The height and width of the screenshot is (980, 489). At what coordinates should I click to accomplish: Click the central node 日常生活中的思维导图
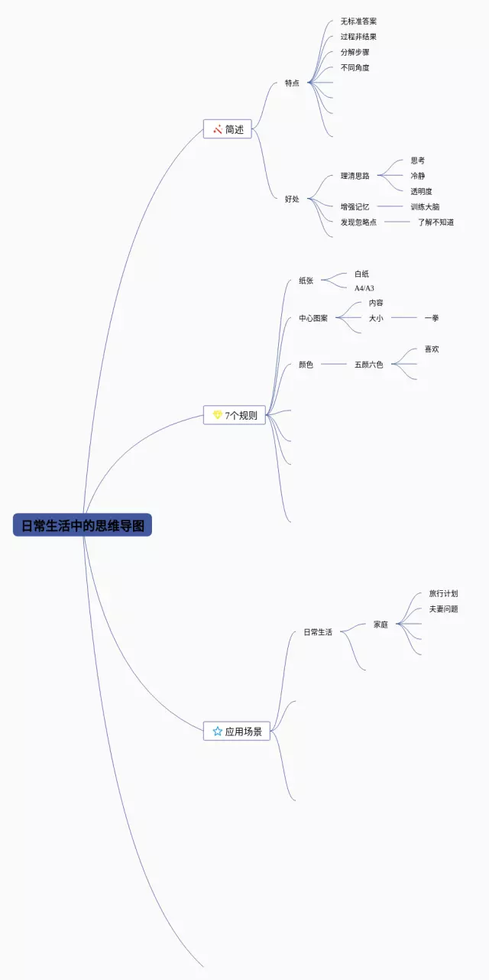click(83, 525)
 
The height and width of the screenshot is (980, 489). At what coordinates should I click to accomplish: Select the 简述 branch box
click(228, 129)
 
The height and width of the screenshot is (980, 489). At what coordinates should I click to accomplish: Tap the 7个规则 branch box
click(235, 416)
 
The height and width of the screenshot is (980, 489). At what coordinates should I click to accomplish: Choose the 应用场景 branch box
click(237, 732)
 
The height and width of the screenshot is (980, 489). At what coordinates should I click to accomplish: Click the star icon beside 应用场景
click(217, 732)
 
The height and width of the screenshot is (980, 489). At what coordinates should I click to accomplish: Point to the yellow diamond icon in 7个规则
click(217, 415)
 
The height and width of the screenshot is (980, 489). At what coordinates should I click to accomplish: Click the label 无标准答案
click(358, 21)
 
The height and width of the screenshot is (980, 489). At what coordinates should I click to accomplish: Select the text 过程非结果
click(358, 37)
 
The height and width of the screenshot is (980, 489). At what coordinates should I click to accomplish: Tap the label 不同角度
click(355, 68)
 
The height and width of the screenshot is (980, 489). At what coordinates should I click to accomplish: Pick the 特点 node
click(292, 83)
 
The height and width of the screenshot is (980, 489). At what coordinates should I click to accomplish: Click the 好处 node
click(292, 199)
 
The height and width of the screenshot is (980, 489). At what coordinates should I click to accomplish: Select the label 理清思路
click(355, 176)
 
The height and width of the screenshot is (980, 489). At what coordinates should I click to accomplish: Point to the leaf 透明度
click(421, 191)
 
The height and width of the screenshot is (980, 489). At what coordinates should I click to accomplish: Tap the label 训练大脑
click(425, 206)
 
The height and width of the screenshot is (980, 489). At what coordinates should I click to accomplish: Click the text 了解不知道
click(436, 222)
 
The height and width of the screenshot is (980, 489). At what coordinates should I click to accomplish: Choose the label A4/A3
click(364, 288)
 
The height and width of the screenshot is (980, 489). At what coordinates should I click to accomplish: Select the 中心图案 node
click(313, 318)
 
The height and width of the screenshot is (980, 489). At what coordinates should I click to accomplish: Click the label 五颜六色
click(369, 365)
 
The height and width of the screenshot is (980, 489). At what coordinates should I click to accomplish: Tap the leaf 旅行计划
click(443, 593)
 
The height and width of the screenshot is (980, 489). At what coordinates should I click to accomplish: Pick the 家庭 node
click(381, 625)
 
